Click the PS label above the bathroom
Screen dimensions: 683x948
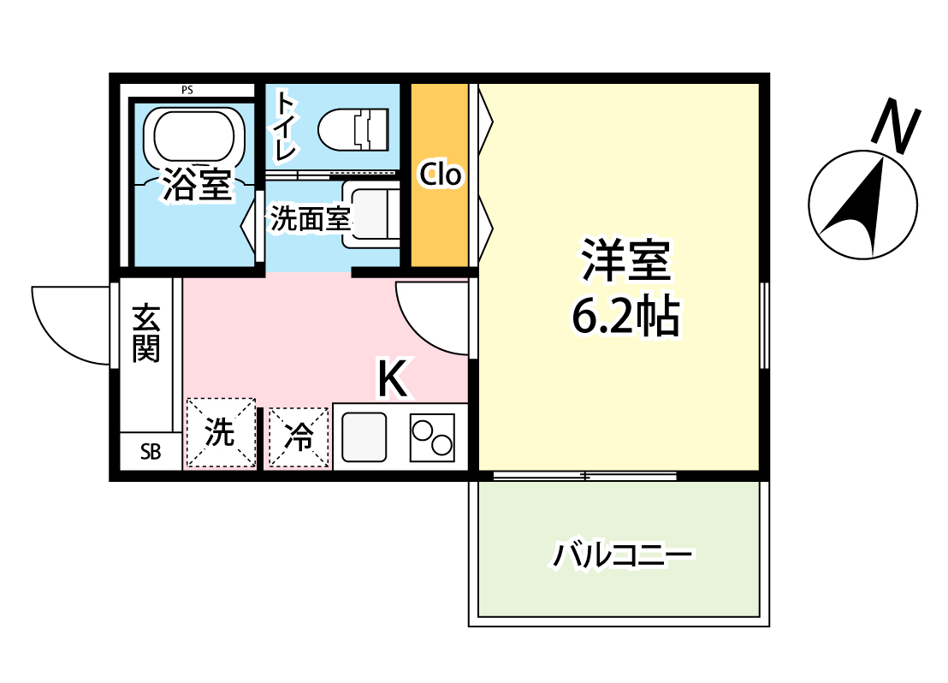click(x=187, y=89)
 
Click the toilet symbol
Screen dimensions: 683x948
click(x=354, y=129)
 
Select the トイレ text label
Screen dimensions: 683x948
click(x=285, y=127)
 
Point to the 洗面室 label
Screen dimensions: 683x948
click(x=311, y=219)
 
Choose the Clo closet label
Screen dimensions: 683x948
click(x=440, y=175)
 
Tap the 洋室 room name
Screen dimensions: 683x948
click(x=625, y=260)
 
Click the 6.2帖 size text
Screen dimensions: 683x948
click(x=625, y=317)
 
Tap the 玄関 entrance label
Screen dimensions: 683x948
click(x=147, y=333)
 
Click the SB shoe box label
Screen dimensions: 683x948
click(x=151, y=453)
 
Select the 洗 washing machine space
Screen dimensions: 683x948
click(x=221, y=433)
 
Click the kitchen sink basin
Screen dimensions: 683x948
click(x=364, y=437)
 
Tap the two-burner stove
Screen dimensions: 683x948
click(x=432, y=437)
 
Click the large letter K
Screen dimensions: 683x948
click(x=393, y=379)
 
